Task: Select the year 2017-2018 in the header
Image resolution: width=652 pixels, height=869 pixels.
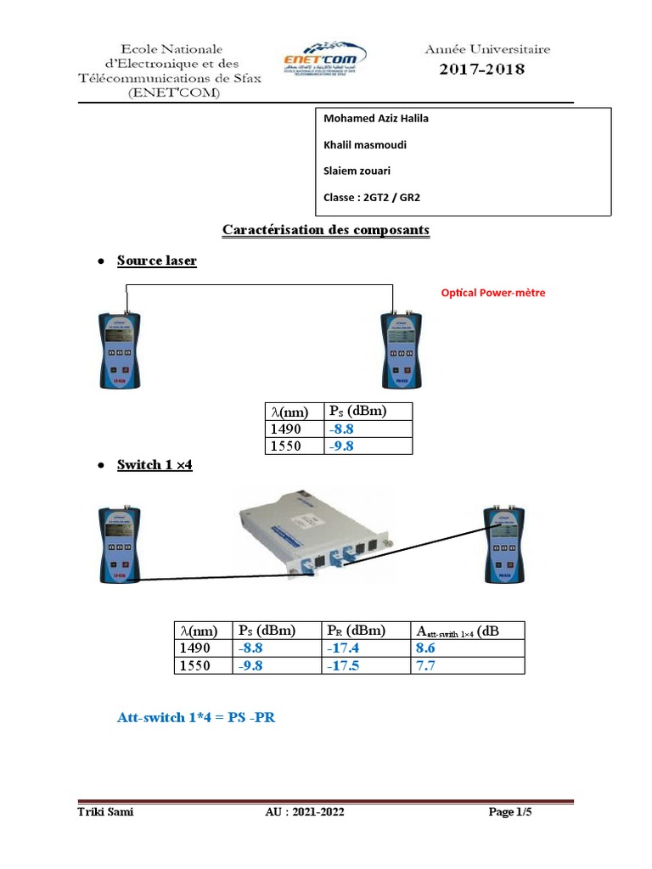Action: point(481,70)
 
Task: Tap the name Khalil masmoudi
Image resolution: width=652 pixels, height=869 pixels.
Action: point(365,145)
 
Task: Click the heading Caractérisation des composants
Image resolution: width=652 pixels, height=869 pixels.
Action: point(326,230)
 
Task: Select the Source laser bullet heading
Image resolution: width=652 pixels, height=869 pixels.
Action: point(157,261)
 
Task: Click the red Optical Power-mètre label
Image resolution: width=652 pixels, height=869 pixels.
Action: point(493,293)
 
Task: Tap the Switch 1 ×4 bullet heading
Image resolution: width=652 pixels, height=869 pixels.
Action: point(155,466)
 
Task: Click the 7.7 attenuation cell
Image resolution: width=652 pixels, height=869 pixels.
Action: point(425,665)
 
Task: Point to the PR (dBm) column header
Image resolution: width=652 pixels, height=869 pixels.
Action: point(356,631)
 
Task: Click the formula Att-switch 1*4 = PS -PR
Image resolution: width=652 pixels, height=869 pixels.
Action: point(196,718)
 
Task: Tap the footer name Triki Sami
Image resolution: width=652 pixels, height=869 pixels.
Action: point(105,813)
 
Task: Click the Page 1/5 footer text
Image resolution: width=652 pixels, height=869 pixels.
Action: point(515,813)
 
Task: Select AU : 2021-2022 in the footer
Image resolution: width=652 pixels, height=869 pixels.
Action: point(305,813)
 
